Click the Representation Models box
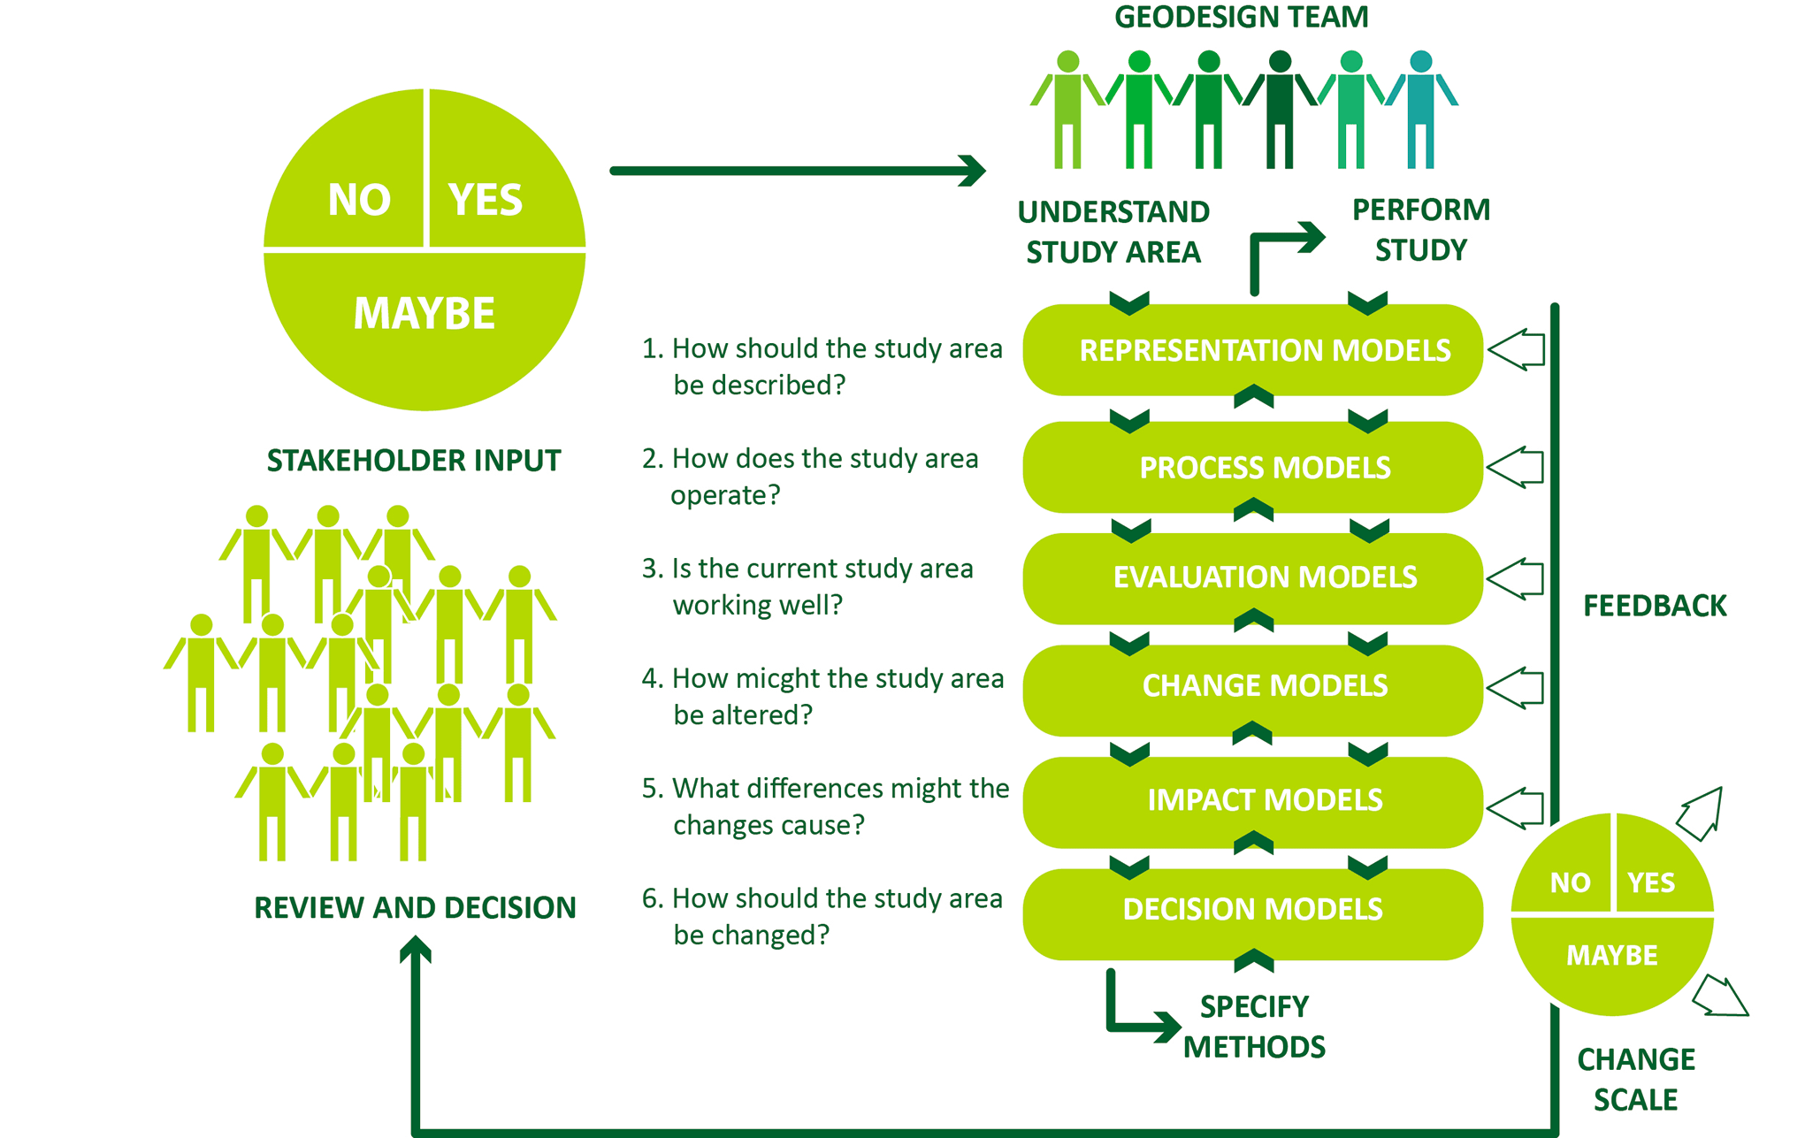pos(1252,350)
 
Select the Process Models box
pos(1252,467)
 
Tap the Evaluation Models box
pos(1252,578)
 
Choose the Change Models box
pos(1252,690)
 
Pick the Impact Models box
pos(1252,802)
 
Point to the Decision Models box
pos(1252,914)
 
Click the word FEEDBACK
pos(1655,606)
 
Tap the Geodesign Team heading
pos(1242,17)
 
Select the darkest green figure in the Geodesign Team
pos(1280,110)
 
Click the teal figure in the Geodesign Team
pos(1421,110)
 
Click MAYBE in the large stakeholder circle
pos(424,313)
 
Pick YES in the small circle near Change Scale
pos(1651,882)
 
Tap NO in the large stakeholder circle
pos(359,200)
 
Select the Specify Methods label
pos(1254,1027)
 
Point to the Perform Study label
pos(1421,230)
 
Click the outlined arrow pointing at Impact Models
pos(1516,807)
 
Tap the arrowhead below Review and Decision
pos(415,949)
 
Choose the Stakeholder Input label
pos(414,461)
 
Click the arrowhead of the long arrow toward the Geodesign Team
pos(973,171)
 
